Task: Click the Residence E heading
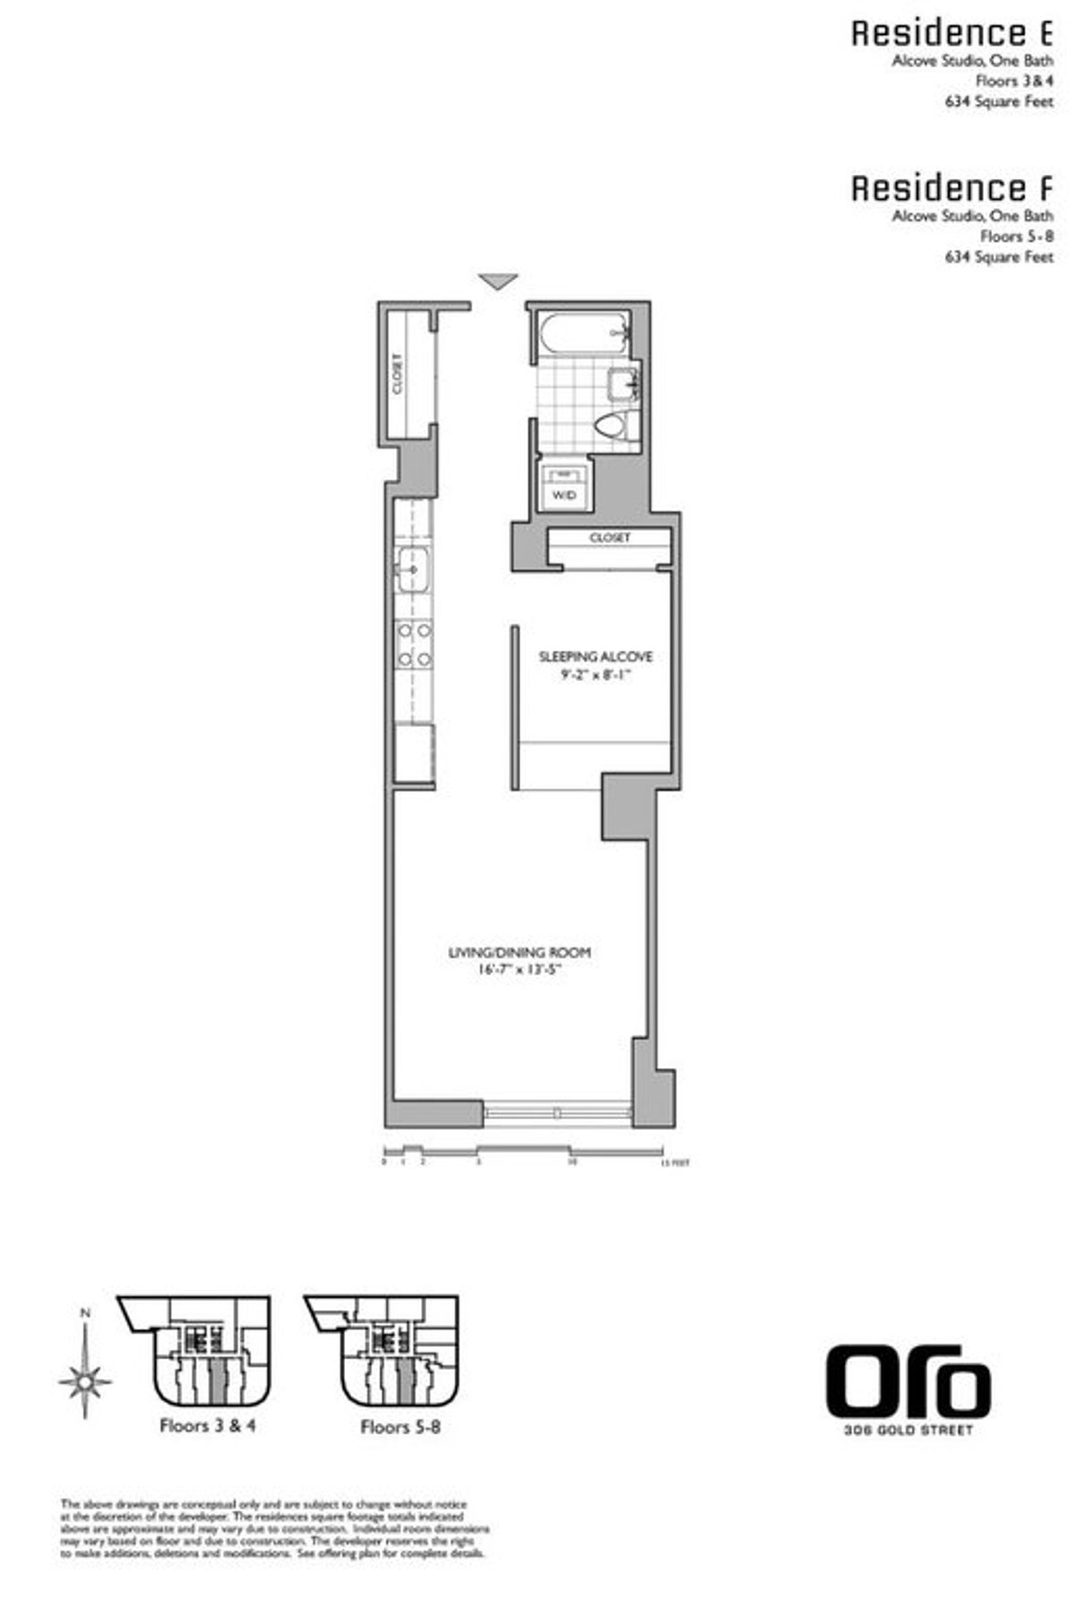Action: [951, 34]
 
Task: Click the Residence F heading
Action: [951, 189]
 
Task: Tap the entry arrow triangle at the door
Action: [498, 281]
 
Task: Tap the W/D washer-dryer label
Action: [563, 496]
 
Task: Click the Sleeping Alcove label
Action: [596, 656]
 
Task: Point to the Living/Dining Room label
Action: [520, 952]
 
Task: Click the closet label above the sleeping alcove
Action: [610, 538]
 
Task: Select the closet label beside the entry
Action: [397, 373]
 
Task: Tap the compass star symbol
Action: [85, 1381]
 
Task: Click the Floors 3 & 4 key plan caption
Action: [207, 1426]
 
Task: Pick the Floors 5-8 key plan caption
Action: [400, 1426]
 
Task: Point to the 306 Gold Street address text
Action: [908, 1430]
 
